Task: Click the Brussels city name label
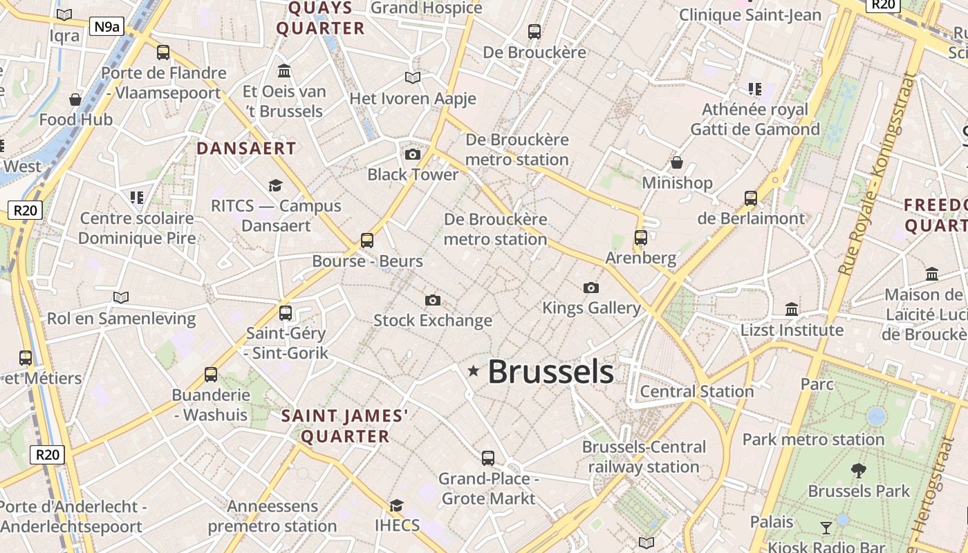tap(550, 372)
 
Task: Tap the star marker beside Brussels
tap(474, 371)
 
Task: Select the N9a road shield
tap(107, 27)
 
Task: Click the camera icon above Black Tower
tap(413, 154)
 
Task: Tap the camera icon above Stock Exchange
tap(433, 300)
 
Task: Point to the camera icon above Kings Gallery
tap(591, 288)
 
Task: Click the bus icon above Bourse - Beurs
tap(367, 241)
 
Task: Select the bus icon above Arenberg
tap(641, 238)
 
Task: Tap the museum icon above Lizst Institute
tap(792, 309)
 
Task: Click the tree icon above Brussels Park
tap(859, 471)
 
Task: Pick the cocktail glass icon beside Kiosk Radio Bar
tap(826, 528)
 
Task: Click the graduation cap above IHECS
tap(396, 505)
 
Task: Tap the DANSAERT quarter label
tap(246, 148)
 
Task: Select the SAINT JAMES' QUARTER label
tap(345, 426)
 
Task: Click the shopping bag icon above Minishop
tap(677, 162)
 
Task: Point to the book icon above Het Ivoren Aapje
tap(413, 78)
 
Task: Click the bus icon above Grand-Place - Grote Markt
tap(488, 458)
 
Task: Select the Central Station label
tap(696, 391)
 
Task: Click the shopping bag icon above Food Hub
tap(75, 100)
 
